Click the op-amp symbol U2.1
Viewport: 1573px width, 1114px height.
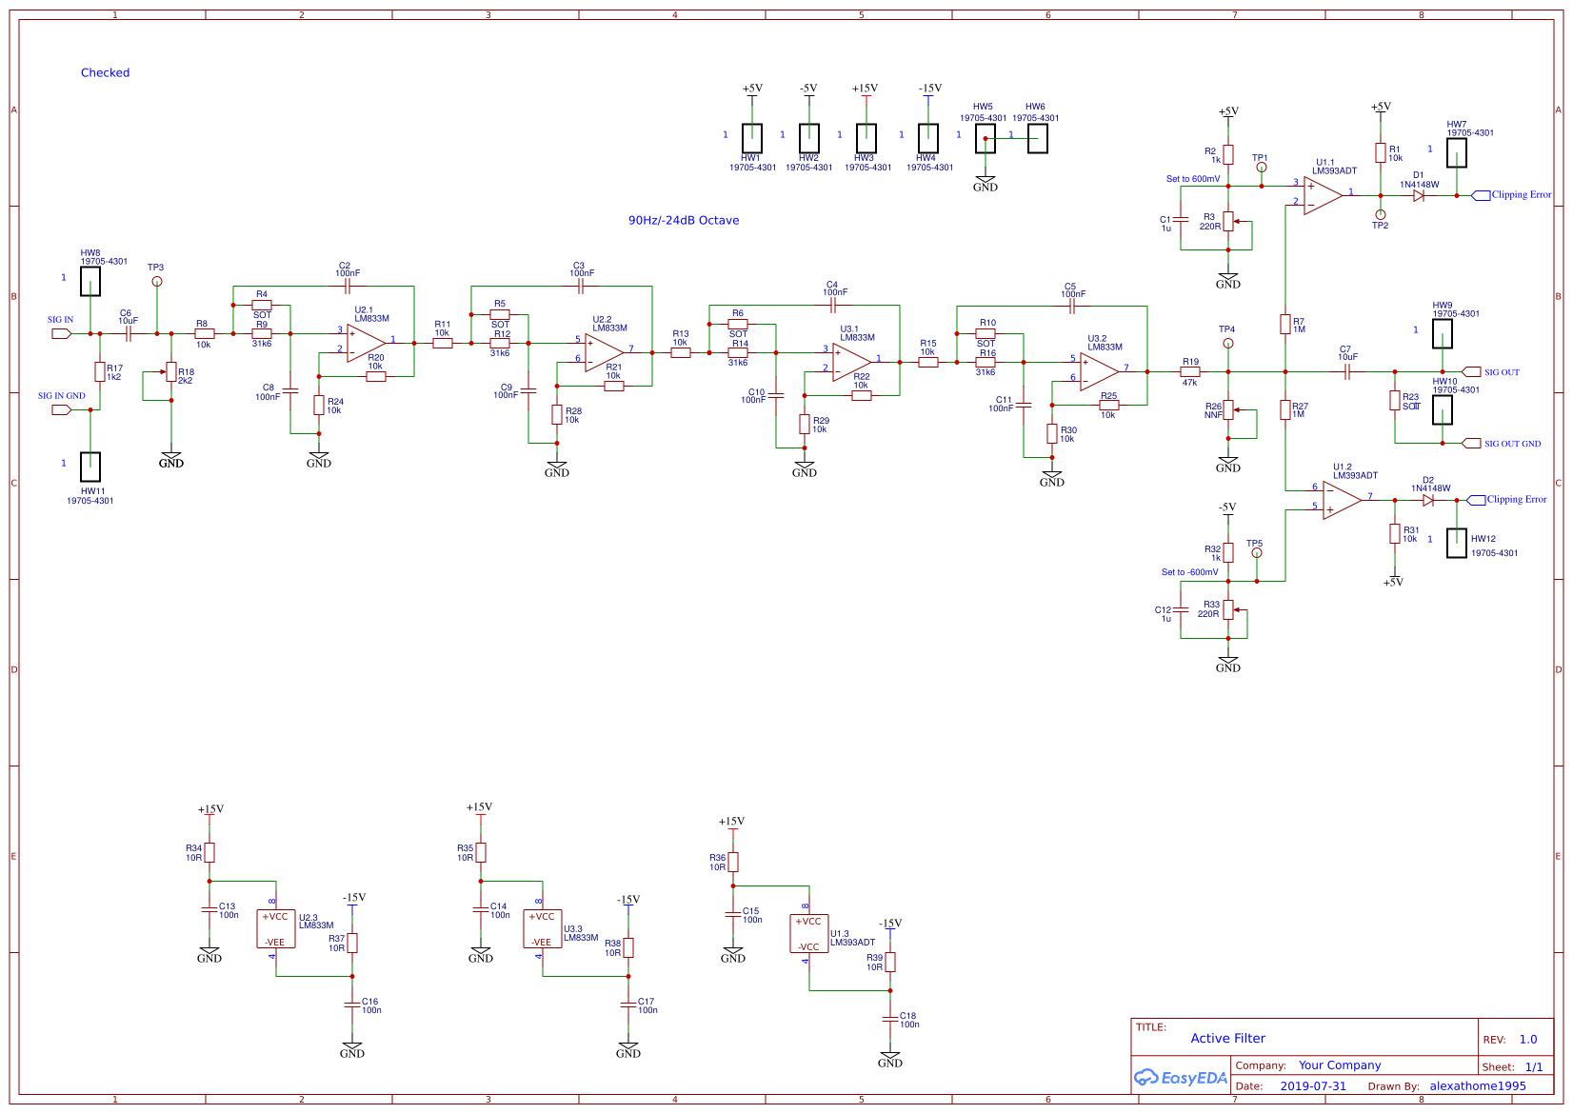click(366, 343)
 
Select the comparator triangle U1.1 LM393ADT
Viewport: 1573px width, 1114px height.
click(1322, 195)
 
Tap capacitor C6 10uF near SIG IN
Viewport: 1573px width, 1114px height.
click(127, 333)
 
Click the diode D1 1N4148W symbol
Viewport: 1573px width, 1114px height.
click(1419, 195)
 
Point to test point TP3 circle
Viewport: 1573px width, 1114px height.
click(157, 281)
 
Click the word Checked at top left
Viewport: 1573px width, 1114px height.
click(105, 72)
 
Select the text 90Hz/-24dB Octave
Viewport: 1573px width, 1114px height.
click(683, 220)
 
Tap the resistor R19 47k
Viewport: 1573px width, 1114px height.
click(1190, 371)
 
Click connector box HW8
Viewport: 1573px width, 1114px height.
click(90, 282)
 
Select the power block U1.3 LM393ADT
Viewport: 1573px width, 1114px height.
click(808, 934)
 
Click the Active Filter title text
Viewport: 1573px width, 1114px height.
click(1227, 1039)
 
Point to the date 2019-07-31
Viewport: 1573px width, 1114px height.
click(1312, 1086)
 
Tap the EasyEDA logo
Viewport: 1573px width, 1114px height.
click(1179, 1078)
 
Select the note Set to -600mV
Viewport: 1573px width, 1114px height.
click(1189, 572)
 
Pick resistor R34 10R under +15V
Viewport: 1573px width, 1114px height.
click(209, 852)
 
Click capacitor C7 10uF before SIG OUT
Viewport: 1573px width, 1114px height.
click(1346, 371)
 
